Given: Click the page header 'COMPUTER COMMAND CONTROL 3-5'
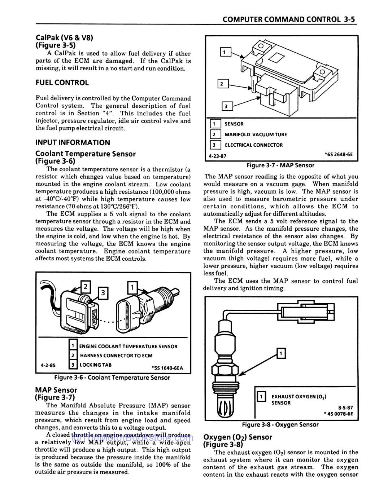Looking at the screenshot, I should pos(289,19).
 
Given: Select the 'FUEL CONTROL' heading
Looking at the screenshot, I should pos(62,83).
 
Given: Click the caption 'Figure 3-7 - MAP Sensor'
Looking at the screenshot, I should pos(280,165).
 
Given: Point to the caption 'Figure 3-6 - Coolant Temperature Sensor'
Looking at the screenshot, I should pos(112,378).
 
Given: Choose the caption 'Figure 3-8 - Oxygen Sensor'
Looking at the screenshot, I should pos(280,424).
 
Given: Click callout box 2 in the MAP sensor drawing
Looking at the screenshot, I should pos(222,84).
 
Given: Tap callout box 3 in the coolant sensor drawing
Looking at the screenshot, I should pos(103,293).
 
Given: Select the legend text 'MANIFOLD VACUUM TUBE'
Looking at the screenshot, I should pos(256,134).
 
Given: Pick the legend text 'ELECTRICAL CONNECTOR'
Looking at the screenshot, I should pos(254,145).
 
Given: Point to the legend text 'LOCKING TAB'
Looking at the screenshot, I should pos(95,365).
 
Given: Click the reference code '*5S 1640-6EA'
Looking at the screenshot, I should pos(167,368).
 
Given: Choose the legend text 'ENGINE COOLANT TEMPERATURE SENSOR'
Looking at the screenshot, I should pos(128,346).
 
